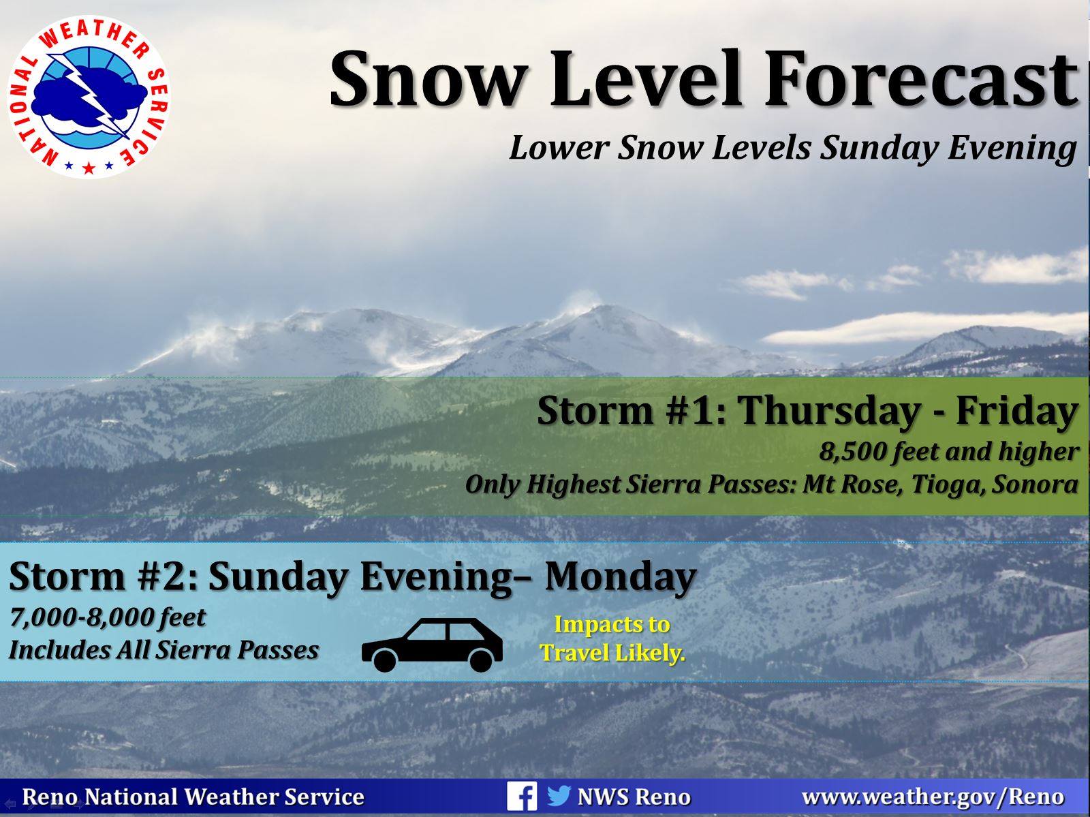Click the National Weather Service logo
click(x=89, y=96)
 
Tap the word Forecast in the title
click(x=922, y=80)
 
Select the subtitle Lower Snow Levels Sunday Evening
click(x=793, y=149)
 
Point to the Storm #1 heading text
click(x=807, y=411)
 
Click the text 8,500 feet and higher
click(x=948, y=452)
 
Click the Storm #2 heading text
click(x=353, y=576)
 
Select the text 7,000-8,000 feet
click(x=107, y=617)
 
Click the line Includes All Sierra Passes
click(x=164, y=650)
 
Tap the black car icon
click(x=432, y=645)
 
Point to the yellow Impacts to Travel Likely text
click(x=612, y=638)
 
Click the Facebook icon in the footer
click(x=522, y=797)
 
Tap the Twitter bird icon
click(x=559, y=796)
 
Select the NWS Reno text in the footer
click(x=634, y=797)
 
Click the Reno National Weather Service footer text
click(x=193, y=797)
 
